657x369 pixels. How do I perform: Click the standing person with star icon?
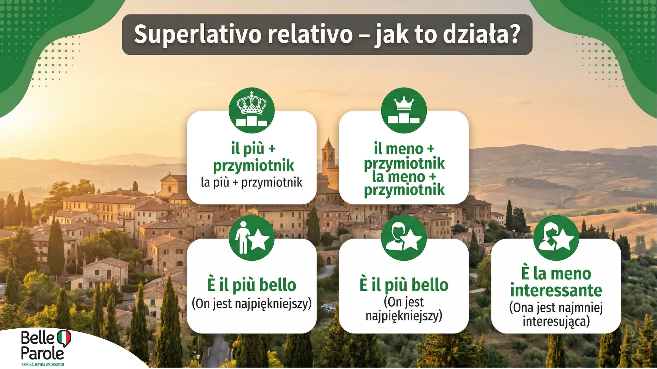click(252, 238)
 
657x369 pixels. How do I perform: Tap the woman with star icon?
click(556, 238)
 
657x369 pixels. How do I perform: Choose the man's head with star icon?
click(404, 238)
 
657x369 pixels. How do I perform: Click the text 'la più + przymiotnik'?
click(252, 182)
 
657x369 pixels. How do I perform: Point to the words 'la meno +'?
click(404, 177)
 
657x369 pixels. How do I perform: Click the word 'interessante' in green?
click(556, 290)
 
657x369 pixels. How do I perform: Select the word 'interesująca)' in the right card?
click(556, 322)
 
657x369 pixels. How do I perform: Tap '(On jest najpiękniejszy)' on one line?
click(252, 303)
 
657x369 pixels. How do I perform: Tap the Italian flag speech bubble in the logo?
click(64, 338)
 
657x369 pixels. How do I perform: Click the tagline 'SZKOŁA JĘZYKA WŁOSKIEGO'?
click(42, 365)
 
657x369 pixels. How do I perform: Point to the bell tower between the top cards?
click(328, 157)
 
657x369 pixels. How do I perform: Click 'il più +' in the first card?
click(253, 149)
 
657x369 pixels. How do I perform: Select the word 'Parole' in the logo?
click(42, 353)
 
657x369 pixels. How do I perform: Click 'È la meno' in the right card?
click(556, 274)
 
